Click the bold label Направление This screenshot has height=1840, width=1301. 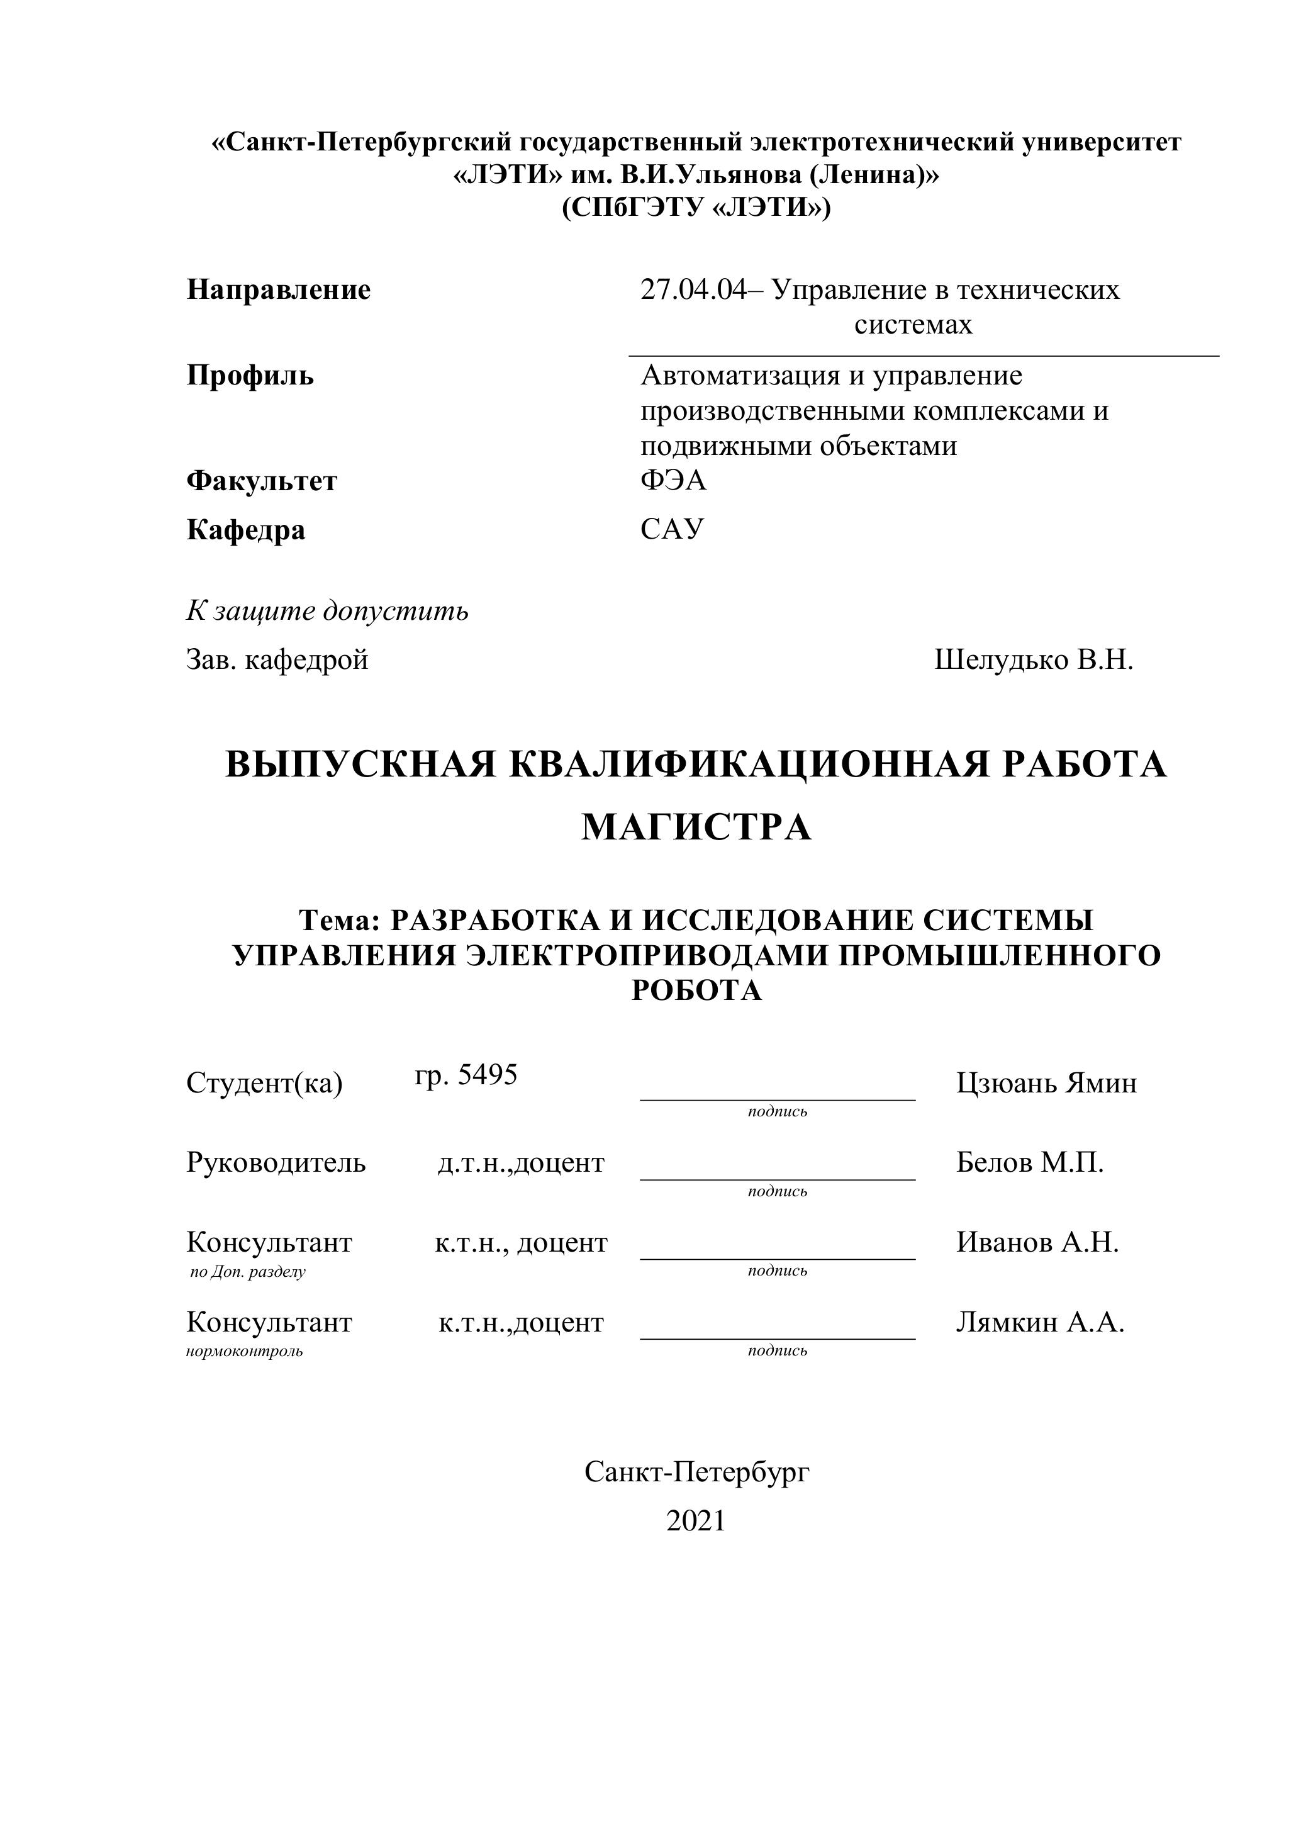pyautogui.click(x=278, y=289)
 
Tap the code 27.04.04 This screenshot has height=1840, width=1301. pyautogui.click(x=692, y=289)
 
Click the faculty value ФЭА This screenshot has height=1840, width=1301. pyautogui.click(x=673, y=480)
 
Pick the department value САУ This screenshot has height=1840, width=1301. pyautogui.click(x=672, y=529)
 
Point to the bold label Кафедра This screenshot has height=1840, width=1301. pyautogui.click(x=245, y=530)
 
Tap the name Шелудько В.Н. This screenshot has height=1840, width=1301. pyautogui.click(x=1034, y=659)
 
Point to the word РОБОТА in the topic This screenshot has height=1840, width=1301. pyautogui.click(x=696, y=990)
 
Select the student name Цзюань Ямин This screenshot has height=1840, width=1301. pyautogui.click(x=1046, y=1084)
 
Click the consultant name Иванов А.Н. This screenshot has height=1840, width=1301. pyautogui.click(x=1037, y=1242)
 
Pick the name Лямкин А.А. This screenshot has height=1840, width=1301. pyautogui.click(x=1040, y=1321)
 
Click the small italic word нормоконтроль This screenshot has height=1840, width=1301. pyautogui.click(x=244, y=1352)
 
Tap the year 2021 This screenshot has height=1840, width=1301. pyautogui.click(x=695, y=1520)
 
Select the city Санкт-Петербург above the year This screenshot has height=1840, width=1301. pyautogui.click(x=696, y=1471)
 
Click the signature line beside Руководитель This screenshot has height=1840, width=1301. pyautogui.click(x=777, y=1178)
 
